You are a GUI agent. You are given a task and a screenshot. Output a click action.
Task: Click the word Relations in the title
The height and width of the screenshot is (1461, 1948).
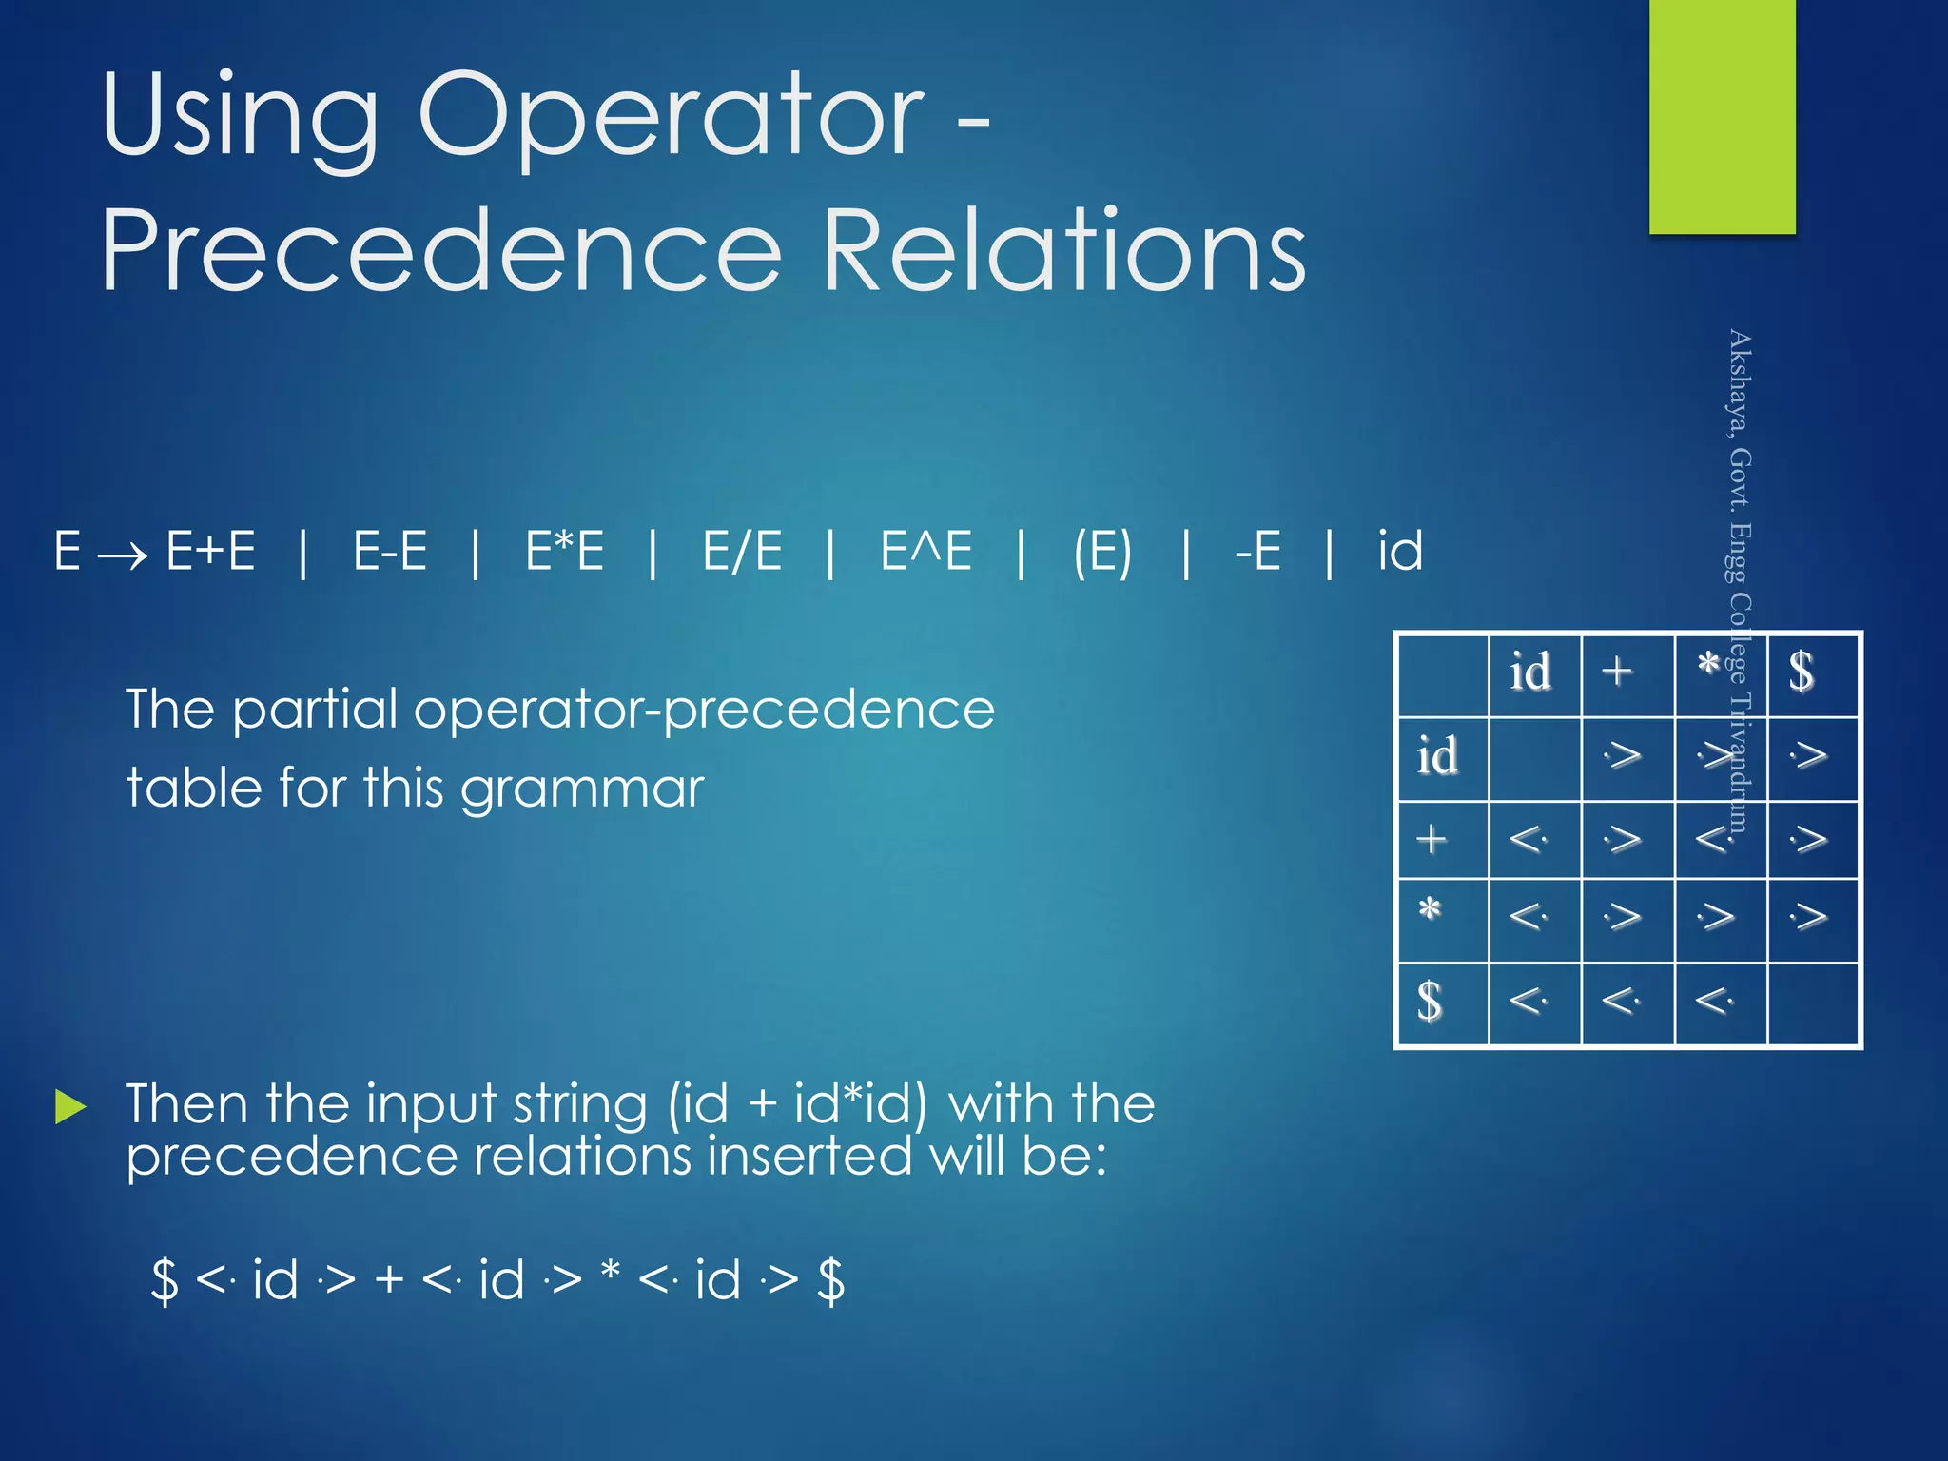click(1063, 252)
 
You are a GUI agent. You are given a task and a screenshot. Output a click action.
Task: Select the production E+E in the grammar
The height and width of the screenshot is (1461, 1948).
click(210, 551)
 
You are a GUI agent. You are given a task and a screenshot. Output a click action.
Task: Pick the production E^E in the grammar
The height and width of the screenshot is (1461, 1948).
click(925, 551)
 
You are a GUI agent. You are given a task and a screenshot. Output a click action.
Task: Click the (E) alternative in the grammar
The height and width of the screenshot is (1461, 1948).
click(1102, 552)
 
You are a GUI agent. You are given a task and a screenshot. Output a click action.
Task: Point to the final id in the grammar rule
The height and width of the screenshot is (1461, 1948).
click(1400, 551)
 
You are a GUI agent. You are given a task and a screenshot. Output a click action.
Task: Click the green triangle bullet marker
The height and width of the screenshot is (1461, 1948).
click(70, 1107)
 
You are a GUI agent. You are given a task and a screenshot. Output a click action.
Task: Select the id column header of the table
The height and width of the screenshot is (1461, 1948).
click(1531, 673)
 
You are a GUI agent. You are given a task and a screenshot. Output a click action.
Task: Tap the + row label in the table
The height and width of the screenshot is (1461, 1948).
click(1432, 840)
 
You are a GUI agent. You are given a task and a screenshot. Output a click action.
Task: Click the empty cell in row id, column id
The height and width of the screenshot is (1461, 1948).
click(1534, 758)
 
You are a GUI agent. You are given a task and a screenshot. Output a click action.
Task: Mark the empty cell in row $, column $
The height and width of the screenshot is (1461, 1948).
click(1812, 1003)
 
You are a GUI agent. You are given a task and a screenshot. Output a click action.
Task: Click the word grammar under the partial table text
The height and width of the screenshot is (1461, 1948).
click(581, 789)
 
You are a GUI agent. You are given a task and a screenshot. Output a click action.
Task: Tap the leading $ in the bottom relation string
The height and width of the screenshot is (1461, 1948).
click(166, 1280)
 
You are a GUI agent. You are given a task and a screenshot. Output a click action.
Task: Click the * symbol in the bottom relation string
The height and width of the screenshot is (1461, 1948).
click(611, 1273)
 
